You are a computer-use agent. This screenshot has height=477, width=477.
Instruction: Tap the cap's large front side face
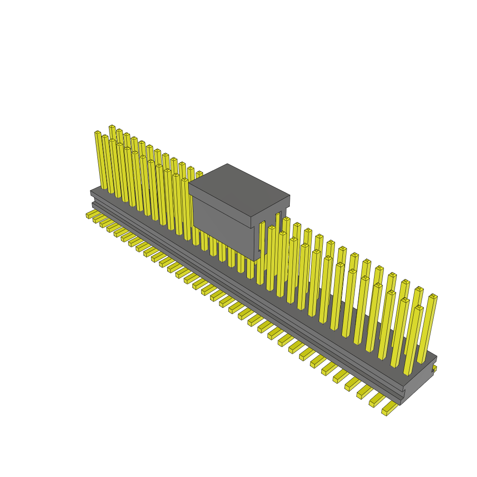221,219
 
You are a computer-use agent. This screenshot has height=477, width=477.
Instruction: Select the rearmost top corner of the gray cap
227,164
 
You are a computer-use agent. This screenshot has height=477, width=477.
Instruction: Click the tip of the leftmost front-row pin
98,133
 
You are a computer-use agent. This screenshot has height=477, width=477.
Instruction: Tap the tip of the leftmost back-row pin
112,127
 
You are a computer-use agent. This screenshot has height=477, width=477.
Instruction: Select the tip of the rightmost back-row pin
433,296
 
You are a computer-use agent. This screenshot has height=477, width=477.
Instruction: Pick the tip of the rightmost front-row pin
419,307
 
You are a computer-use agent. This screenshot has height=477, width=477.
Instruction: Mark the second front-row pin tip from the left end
105,136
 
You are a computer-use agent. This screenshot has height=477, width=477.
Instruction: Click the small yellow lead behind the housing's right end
434,368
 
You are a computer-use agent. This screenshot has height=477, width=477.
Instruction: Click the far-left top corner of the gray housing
91,191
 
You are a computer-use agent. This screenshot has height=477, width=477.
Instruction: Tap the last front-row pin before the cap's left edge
185,180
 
